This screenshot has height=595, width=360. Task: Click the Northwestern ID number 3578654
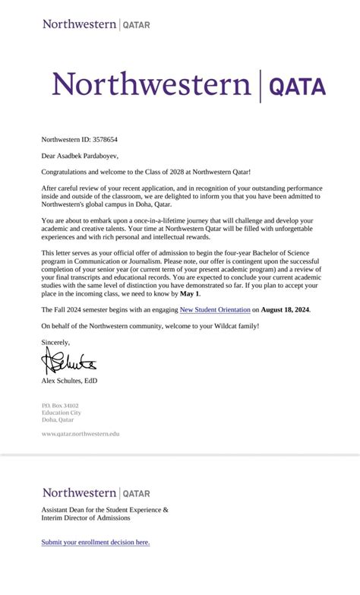pyautogui.click(x=104, y=140)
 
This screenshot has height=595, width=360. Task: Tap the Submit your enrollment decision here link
pyautogui.click(x=96, y=542)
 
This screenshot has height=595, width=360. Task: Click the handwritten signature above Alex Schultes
pyautogui.click(x=69, y=359)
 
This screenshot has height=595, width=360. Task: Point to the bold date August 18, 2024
pyautogui.click(x=286, y=310)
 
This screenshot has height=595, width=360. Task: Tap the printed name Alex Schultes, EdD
pyautogui.click(x=69, y=380)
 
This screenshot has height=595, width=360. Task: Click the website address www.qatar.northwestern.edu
pyautogui.click(x=81, y=433)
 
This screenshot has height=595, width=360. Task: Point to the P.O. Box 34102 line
pyautogui.click(x=60, y=406)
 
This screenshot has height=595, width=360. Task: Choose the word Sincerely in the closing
pyautogui.click(x=55, y=342)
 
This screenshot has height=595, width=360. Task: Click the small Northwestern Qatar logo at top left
pyautogui.click(x=96, y=24)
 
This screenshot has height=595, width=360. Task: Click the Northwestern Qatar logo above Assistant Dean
pyautogui.click(x=96, y=492)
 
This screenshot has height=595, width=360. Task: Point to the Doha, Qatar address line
pyautogui.click(x=58, y=419)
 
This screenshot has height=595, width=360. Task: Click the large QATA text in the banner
pyautogui.click(x=297, y=87)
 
